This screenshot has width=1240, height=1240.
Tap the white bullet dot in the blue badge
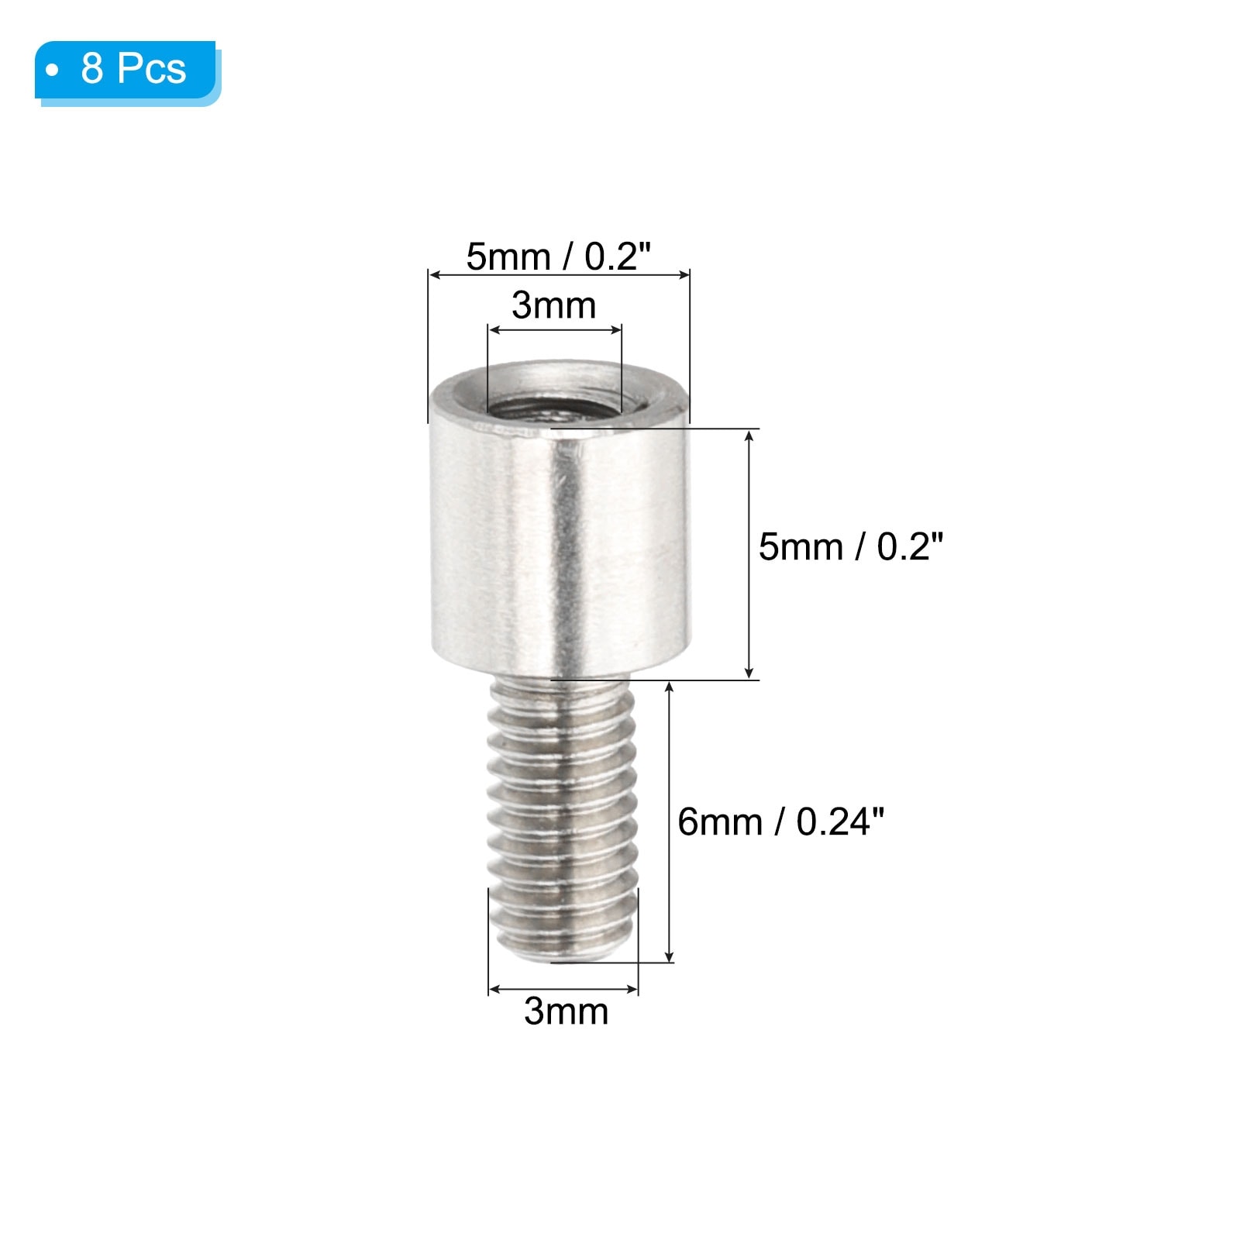(x=52, y=71)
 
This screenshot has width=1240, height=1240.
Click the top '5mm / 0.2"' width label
(x=558, y=257)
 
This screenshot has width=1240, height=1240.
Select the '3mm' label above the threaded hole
(x=553, y=305)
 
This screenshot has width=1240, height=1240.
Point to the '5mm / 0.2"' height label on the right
(x=851, y=547)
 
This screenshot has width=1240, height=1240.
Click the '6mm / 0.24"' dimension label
(x=781, y=821)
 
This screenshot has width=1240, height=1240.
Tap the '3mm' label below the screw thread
(x=566, y=1011)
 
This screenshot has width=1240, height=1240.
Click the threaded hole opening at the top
(x=555, y=399)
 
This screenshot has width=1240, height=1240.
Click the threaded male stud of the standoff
(x=563, y=818)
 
